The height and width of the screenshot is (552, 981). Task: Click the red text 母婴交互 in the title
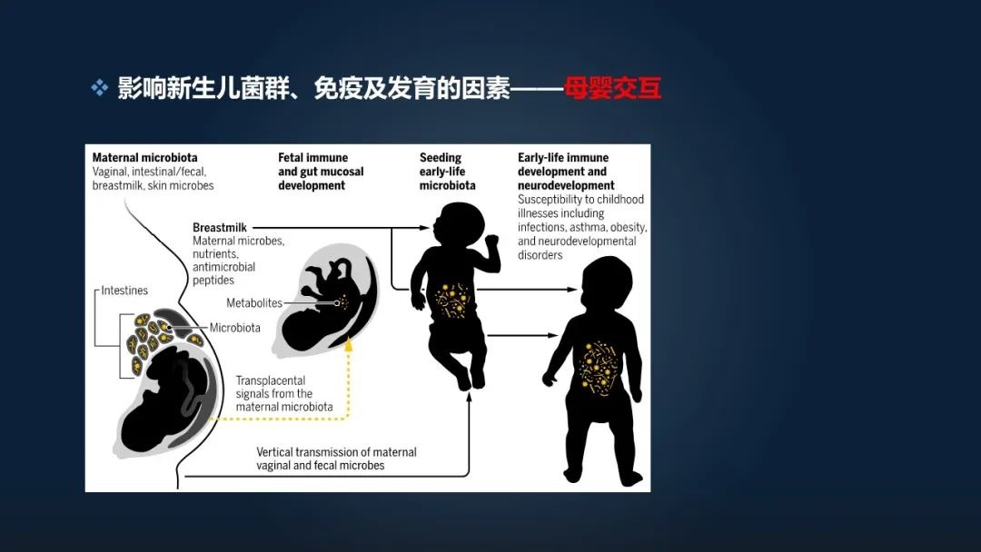pos(612,89)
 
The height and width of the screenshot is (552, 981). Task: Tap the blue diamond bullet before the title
pos(99,88)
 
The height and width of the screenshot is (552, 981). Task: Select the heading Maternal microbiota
pos(144,158)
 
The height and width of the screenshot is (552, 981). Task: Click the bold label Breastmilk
pos(220,228)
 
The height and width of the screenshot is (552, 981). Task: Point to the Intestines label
pos(124,291)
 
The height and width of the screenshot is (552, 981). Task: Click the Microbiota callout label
pos(235,328)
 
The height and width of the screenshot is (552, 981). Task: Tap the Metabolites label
pos(254,303)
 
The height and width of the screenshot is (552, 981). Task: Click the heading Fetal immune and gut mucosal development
pos(321,172)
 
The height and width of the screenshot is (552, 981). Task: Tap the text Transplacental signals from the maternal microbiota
pos(284,394)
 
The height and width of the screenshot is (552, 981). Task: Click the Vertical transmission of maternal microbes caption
pos(336,458)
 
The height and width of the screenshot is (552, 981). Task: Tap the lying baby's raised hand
pos(492,245)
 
